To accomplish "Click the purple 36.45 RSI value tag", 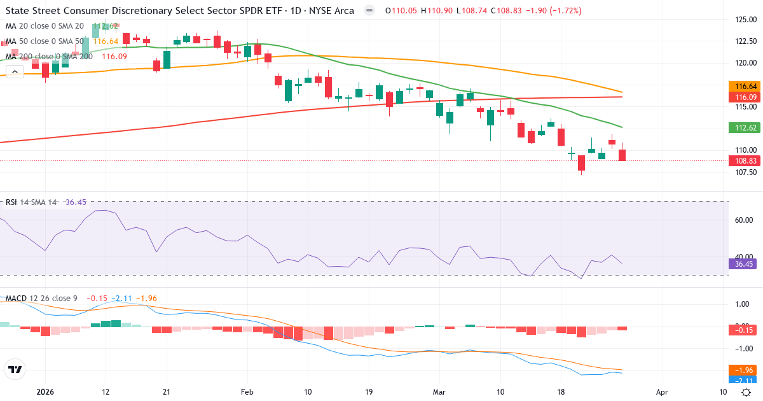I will point(743,264).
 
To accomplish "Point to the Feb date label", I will point(247,393).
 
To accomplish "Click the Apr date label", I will point(662,393).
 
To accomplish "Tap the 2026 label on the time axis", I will point(45,393).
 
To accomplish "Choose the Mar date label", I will point(439,393).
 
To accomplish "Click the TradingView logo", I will point(15,369).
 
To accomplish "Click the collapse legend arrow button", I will point(15,72).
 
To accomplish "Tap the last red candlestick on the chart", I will point(622,155).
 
